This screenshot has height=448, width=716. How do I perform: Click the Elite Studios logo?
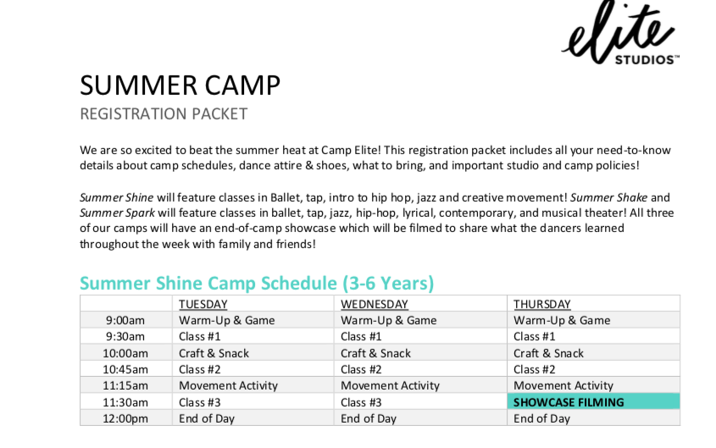(620, 33)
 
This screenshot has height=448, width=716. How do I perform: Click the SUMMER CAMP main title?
(180, 86)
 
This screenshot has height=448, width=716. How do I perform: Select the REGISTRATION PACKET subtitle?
(164, 113)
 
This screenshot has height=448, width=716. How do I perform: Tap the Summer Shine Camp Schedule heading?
(257, 283)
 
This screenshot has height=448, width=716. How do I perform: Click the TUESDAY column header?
(203, 304)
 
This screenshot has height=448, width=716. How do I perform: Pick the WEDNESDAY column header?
(374, 304)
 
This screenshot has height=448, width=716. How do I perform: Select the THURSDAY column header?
(542, 304)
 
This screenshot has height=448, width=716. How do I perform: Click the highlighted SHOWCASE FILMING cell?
(593, 402)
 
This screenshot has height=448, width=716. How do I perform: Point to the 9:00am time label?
(125, 320)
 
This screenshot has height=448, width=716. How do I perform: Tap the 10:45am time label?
(125, 369)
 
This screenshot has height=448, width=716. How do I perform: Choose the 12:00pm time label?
(125, 418)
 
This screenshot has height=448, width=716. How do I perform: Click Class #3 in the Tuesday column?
(200, 402)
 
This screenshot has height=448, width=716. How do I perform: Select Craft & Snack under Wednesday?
(375, 353)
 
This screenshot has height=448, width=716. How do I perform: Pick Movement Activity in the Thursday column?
(563, 385)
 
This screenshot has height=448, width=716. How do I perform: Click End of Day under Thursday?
(541, 418)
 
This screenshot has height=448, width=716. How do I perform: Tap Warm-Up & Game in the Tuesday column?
(226, 320)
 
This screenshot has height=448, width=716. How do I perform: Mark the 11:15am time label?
(125, 385)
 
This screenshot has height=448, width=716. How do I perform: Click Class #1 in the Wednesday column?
(361, 337)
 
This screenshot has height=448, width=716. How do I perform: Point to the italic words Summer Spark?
(117, 213)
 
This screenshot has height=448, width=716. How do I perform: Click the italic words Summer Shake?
(608, 197)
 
